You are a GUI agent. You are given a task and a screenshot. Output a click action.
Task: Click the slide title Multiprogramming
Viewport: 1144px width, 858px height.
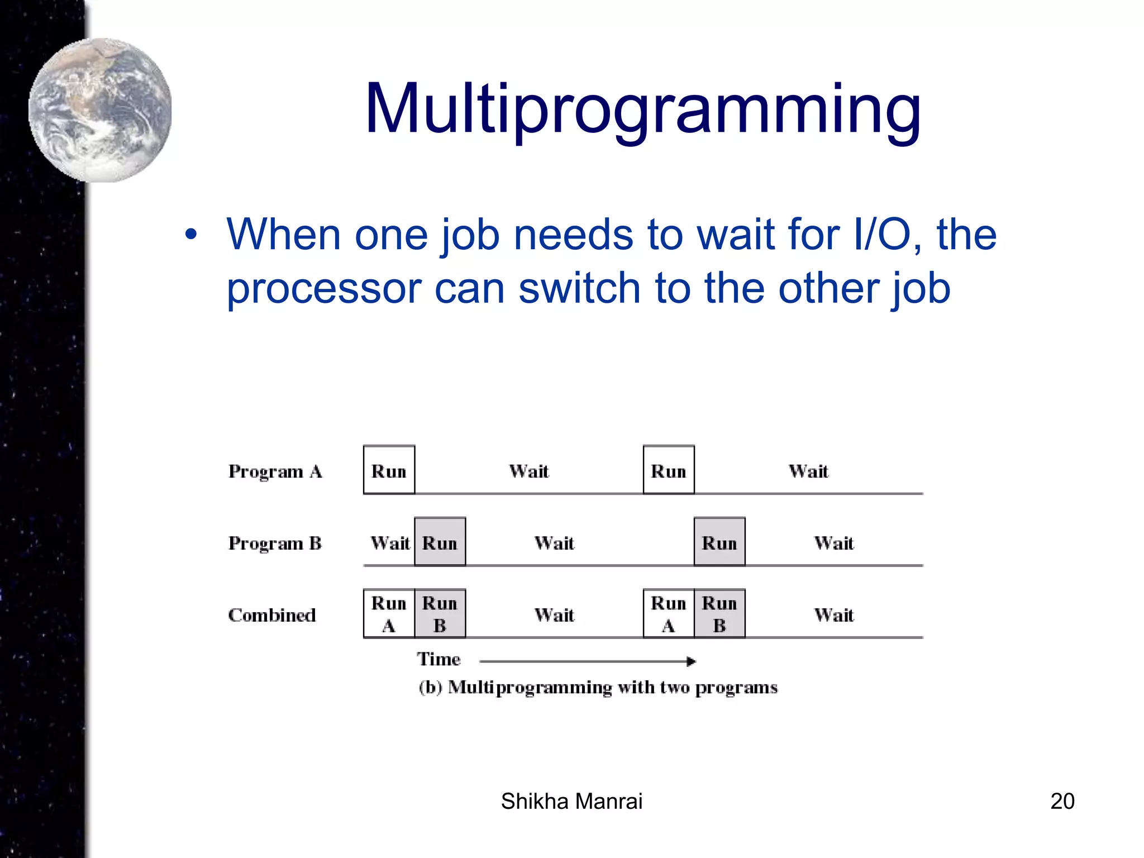642,109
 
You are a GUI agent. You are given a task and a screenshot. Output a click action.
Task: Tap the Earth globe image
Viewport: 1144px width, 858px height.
101,111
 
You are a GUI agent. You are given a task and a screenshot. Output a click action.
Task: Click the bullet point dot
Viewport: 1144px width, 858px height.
191,235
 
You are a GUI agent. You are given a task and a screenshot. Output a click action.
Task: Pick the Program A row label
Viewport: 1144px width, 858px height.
275,471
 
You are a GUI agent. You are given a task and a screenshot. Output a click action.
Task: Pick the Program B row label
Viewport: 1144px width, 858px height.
275,543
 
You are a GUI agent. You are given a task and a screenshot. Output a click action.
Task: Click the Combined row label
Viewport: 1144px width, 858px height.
272,615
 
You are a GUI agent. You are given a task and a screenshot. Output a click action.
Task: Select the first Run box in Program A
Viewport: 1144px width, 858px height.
389,470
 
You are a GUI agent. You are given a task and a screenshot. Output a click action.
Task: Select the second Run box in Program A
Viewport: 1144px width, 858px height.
669,470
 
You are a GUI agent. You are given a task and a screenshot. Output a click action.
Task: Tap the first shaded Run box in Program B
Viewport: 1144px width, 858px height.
440,542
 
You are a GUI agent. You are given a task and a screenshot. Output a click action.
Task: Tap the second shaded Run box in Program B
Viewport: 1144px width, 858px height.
719,542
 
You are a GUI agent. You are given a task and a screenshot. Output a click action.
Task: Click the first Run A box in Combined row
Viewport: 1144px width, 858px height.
389,613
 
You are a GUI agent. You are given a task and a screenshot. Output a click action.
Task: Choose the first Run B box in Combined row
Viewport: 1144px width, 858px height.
440,613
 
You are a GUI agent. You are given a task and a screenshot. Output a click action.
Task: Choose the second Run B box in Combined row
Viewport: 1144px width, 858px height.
719,613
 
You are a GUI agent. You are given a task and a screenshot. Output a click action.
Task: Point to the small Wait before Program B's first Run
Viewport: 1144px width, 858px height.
390,543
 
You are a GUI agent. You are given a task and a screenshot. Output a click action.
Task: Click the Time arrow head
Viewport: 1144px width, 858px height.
692,661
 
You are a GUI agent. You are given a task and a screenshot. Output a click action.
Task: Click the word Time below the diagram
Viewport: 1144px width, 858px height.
438,659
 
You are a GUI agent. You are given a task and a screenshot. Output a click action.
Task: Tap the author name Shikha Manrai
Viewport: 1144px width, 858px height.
571,801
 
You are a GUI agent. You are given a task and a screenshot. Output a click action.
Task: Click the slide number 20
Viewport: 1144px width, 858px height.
1062,801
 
